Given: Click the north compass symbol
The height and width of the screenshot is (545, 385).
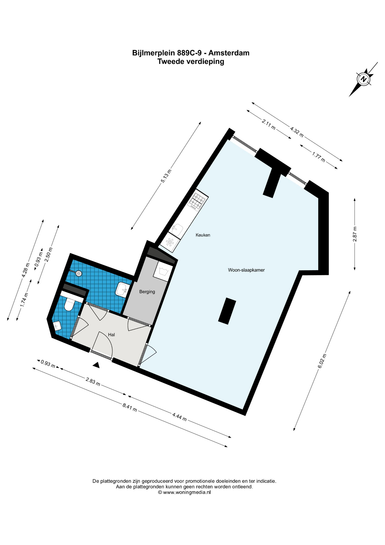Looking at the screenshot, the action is tap(363, 79).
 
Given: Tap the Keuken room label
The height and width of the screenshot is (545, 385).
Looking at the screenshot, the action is tap(203, 235).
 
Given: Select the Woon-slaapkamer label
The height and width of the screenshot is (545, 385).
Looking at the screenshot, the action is tap(246, 270).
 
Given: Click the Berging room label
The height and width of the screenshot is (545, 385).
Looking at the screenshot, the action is tap(147, 292).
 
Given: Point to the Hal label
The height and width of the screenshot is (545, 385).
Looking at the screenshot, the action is tap(111, 335).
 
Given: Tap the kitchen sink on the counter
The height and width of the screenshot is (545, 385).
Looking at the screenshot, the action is tap(178, 229).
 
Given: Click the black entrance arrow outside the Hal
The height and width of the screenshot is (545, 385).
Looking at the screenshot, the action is tap(96, 365).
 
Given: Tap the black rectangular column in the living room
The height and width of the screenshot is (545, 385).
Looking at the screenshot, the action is tap(227, 311).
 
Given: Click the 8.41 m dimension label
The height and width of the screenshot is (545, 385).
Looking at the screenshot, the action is tap(130, 408).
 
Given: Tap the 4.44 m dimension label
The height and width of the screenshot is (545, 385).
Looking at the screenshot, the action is tap(179, 417).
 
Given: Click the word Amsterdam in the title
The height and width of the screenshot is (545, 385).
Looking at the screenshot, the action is tap(229, 53).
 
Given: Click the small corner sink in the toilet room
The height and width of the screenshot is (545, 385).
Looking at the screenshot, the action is tap(58, 326).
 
